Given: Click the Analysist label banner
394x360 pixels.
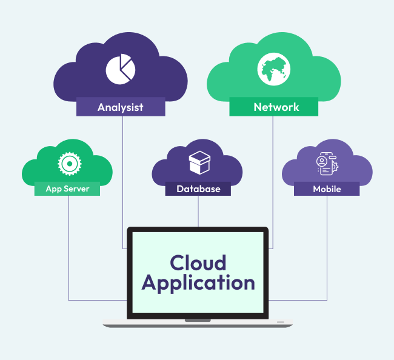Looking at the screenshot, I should [121, 107].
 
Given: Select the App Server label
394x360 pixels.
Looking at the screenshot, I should [67, 188].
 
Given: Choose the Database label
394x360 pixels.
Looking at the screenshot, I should [198, 188].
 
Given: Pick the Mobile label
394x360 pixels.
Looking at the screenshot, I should [327, 188].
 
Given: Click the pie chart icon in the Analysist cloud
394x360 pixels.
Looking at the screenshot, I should [119, 69].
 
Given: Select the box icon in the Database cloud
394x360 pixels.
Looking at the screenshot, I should [199, 162].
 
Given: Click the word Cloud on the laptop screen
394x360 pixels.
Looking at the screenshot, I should [198, 262].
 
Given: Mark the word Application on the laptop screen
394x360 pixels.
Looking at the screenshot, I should [198, 282].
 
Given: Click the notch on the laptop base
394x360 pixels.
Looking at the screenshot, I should [198, 319].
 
